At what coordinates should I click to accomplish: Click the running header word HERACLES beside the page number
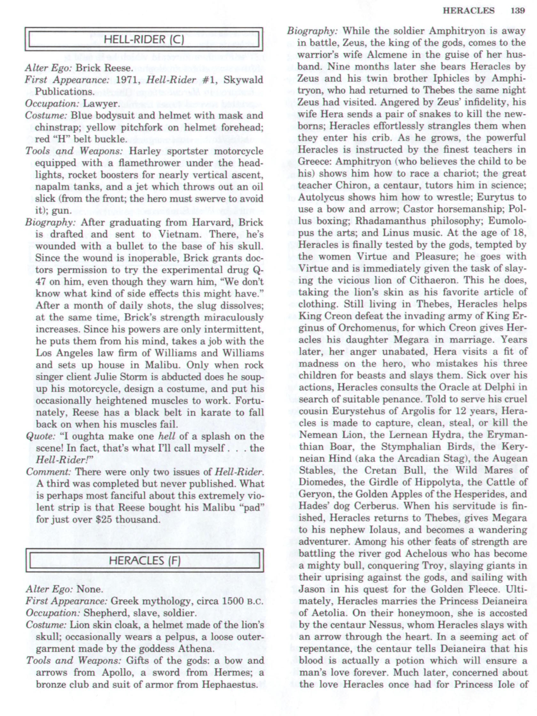click(468, 11)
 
